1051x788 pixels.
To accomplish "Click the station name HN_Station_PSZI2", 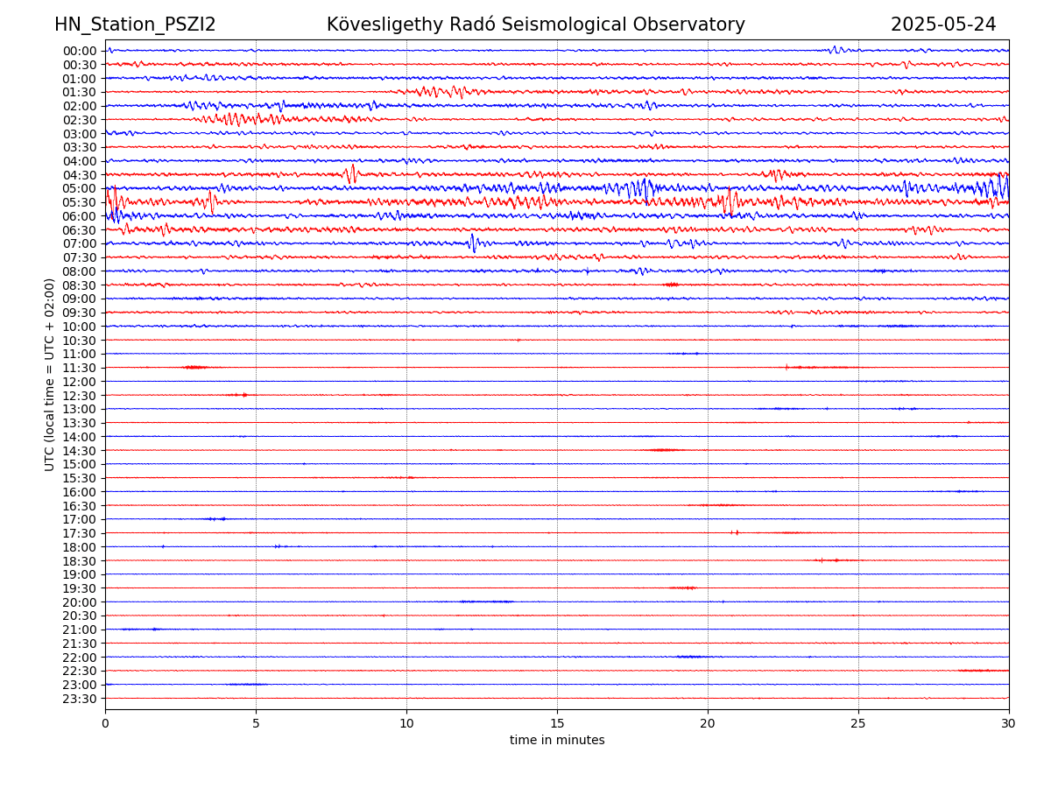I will [135, 25].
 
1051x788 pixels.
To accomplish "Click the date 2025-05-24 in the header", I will [943, 25].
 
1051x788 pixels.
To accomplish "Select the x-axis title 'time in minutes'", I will [557, 740].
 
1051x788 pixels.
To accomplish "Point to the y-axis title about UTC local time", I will [50, 375].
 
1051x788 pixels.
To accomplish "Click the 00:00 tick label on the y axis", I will [79, 51].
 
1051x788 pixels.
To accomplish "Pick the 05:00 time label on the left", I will [79, 188].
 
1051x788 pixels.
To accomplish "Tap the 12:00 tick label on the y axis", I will [79, 382].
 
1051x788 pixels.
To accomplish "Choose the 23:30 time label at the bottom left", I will [79, 699].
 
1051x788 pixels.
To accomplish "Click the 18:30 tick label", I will [79, 560].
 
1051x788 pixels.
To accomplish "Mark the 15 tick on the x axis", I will [557, 723].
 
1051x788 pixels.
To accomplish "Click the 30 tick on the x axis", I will [1009, 723].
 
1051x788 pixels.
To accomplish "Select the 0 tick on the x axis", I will [105, 723].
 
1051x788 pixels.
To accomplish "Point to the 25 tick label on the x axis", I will [858, 723].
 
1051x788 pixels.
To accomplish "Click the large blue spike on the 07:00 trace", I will [473, 243].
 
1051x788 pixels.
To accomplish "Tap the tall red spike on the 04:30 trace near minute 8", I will [352, 173].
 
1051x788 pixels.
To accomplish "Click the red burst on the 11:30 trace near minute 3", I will [195, 367].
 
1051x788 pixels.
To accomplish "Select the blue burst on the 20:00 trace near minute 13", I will [486, 602].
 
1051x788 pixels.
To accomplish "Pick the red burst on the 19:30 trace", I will [683, 587].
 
